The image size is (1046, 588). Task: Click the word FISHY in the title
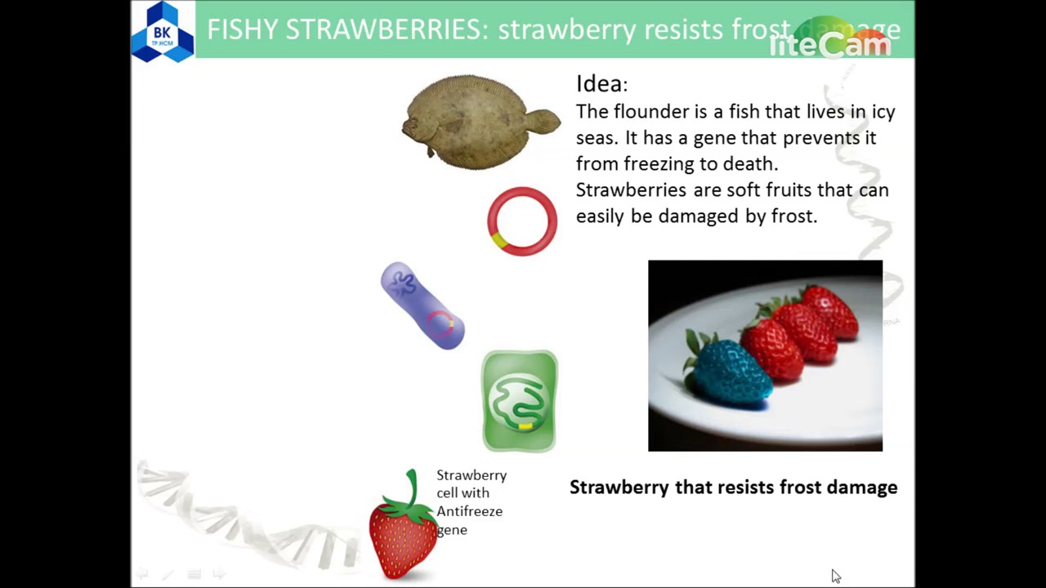pos(243,30)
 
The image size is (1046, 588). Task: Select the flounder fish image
pos(478,122)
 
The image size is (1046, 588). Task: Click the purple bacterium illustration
pos(422,305)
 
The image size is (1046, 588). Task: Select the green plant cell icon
pos(520,401)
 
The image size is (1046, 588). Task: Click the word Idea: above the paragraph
pos(601,84)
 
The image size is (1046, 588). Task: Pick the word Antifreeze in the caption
pos(469,511)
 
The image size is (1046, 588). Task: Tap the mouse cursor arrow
pos(835,576)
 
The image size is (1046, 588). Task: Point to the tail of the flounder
pos(544,122)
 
